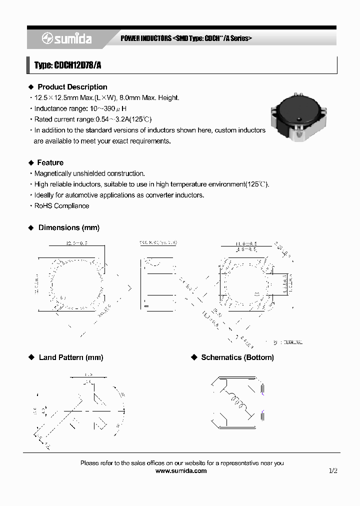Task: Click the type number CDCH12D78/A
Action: [67, 65]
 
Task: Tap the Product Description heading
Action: [72, 87]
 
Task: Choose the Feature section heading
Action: [50, 162]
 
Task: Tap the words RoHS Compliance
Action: [61, 206]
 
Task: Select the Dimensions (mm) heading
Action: [68, 227]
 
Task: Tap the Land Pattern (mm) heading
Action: [70, 357]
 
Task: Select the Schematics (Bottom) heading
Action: [237, 357]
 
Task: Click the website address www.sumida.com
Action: [181, 471]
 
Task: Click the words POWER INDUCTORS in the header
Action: [146, 38]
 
